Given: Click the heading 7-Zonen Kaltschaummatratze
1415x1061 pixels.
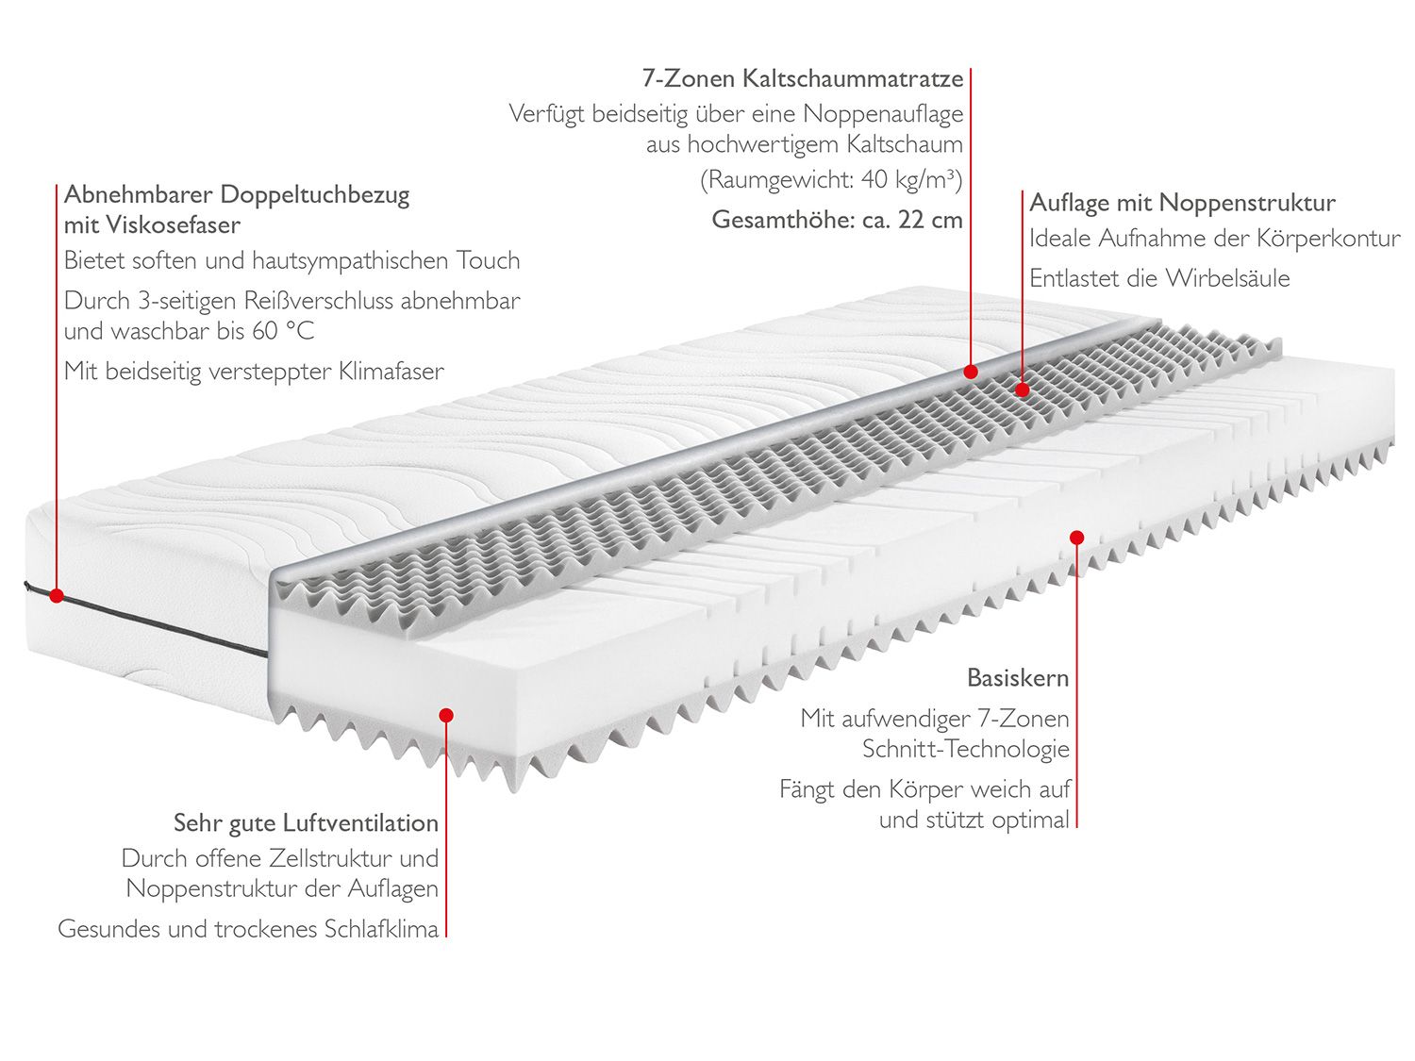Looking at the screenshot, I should pos(803,78).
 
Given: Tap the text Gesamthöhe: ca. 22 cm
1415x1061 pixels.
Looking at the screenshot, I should pos(837,221).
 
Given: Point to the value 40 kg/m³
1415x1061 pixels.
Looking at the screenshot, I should pos(911,179).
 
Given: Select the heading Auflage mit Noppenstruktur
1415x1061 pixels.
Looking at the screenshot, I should pos(1182,203).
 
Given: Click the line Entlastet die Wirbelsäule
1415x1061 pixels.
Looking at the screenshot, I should pos(1159,278).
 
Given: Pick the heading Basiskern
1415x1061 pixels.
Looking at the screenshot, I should pos(1018,678).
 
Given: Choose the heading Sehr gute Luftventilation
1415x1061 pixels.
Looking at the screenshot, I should pos(306,823).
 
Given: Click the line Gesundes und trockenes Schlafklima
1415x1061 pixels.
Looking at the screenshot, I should pos(248,929).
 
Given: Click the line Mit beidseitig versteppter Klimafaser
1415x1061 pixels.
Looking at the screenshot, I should pos(254,372).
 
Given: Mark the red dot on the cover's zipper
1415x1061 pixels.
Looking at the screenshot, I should pos(56,596).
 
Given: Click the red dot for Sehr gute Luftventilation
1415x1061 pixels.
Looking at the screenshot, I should pos(446,716).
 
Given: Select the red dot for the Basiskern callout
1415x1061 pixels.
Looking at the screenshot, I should pos(1076,538).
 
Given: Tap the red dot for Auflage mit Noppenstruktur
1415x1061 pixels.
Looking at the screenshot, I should pos(1023,389).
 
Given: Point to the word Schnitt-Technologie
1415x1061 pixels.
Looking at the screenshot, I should pos(966,750).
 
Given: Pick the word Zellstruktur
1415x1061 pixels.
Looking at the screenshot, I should pos(330,859).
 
